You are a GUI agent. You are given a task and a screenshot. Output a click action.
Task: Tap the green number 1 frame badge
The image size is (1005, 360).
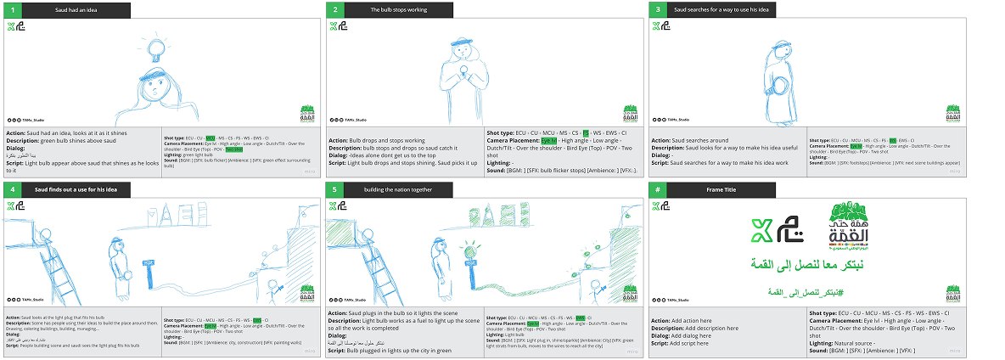tap(13, 10)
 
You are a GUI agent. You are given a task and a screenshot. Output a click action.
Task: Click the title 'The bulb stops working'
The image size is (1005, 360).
tap(399, 10)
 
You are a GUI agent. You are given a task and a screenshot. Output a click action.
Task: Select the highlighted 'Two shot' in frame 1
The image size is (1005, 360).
tap(234, 149)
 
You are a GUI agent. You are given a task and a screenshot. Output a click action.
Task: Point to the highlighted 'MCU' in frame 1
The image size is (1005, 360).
tap(211, 137)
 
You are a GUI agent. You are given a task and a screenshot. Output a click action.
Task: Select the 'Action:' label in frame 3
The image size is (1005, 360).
tap(662, 140)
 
